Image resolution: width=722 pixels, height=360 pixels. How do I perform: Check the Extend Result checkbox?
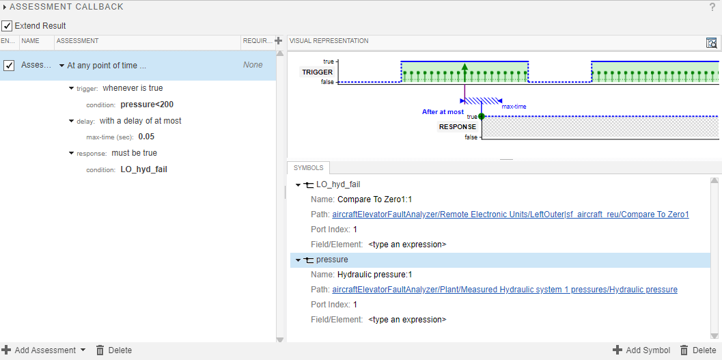(7, 26)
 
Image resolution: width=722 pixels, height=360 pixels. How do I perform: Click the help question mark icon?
(712, 7)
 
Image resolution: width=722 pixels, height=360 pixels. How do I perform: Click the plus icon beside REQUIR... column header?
(278, 41)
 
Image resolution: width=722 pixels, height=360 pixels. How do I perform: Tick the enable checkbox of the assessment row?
(9, 66)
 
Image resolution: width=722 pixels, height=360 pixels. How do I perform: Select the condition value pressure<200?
(147, 105)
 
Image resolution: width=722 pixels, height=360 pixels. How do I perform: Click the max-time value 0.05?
(146, 137)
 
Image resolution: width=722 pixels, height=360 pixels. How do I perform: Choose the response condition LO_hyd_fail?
(143, 169)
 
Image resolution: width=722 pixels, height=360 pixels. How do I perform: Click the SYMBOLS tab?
(309, 168)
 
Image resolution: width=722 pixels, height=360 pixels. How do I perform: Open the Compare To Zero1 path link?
(510, 214)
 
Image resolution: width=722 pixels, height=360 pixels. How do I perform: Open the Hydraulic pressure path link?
(505, 290)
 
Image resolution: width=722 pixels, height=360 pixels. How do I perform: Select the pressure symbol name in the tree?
(332, 260)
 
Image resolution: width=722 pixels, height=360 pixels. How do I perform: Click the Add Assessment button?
(44, 350)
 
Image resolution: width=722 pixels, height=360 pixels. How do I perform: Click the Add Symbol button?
(641, 350)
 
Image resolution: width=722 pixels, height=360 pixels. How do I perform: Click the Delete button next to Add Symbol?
(698, 350)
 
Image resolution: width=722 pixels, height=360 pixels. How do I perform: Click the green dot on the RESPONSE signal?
(482, 117)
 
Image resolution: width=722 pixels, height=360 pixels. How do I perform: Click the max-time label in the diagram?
(514, 107)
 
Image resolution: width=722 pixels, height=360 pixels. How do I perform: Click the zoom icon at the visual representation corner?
(712, 42)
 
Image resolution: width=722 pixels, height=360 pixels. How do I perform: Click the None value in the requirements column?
(253, 66)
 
